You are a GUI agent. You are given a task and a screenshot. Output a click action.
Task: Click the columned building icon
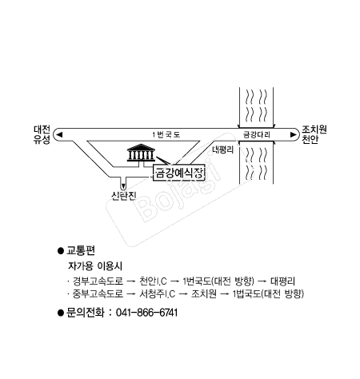(141, 153)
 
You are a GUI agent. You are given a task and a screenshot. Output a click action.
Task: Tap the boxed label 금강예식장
(179, 174)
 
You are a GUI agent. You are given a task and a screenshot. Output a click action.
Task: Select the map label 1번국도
(166, 134)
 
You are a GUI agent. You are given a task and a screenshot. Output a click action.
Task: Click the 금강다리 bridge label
(257, 134)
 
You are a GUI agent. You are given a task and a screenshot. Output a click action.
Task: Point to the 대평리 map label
(222, 150)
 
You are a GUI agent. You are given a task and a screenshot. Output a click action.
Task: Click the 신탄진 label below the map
(124, 196)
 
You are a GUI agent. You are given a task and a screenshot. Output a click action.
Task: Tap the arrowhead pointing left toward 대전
(59, 134)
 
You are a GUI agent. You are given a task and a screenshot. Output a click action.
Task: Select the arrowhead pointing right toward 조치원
(294, 134)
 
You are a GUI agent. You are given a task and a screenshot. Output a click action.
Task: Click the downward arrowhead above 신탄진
(123, 186)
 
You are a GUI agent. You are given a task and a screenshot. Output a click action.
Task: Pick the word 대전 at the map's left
(42, 130)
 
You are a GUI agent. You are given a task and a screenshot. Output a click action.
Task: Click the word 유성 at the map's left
(42, 139)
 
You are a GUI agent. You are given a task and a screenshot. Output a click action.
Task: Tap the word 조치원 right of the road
(314, 130)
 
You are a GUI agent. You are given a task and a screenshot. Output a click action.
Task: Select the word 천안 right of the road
(310, 139)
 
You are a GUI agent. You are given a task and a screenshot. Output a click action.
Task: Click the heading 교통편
(81, 250)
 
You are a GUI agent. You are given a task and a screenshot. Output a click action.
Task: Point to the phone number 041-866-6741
(147, 313)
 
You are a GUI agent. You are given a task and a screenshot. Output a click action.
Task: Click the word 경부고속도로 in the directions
(98, 281)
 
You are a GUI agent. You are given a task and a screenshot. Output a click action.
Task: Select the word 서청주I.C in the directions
(158, 293)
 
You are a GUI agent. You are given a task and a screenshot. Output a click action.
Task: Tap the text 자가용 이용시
(95, 265)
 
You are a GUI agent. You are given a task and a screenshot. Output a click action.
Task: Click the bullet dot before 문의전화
(61, 313)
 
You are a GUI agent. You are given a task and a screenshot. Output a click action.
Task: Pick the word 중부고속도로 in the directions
(98, 293)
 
